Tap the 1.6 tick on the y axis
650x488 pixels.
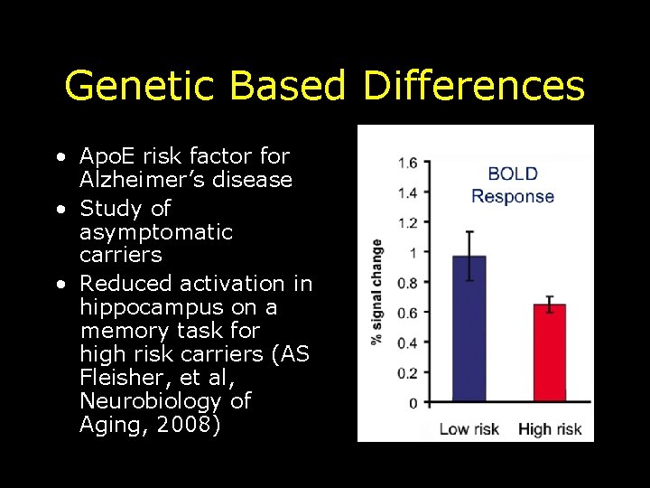[406, 163]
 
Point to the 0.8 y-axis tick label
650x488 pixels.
[406, 283]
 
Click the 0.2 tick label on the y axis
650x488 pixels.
[406, 372]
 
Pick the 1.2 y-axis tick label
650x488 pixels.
[406, 223]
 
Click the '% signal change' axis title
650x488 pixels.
[376, 291]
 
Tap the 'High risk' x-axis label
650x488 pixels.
[550, 428]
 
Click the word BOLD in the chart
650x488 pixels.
[513, 174]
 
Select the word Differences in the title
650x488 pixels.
[474, 87]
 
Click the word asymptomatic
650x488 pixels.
[156, 232]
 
